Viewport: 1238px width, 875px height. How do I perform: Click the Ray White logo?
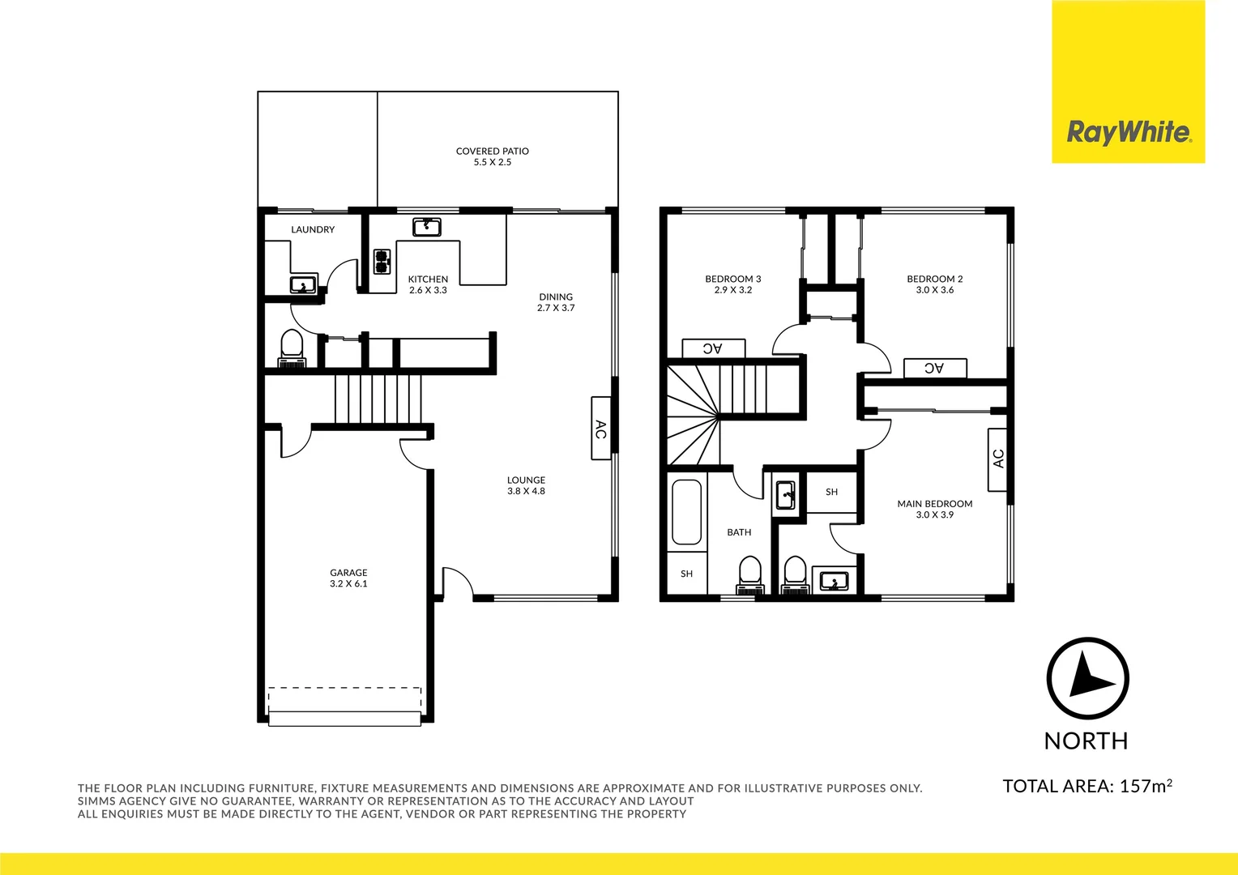[x=1128, y=132]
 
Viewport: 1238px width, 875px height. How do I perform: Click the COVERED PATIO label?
[x=492, y=152]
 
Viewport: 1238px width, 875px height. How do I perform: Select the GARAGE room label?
[x=348, y=573]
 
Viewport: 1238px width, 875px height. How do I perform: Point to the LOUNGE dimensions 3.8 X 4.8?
[x=526, y=491]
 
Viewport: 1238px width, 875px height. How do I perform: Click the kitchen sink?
[x=426, y=226]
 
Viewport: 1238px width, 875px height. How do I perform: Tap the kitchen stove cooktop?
[x=382, y=262]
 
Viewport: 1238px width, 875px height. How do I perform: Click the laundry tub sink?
[x=303, y=284]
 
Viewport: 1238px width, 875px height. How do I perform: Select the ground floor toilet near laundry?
[x=291, y=348]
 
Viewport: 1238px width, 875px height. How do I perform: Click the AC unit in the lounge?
[x=600, y=428]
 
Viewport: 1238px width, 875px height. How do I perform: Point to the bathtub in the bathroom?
[x=686, y=512]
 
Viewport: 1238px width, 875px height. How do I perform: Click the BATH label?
[x=739, y=532]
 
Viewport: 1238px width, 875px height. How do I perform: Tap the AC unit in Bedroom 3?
[x=713, y=348]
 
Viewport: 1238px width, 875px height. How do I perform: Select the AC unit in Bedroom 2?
[x=935, y=368]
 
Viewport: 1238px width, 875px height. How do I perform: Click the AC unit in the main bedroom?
[x=997, y=459]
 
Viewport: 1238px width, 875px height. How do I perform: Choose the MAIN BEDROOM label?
[x=934, y=504]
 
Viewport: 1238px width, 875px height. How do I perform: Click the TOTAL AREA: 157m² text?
[x=1087, y=786]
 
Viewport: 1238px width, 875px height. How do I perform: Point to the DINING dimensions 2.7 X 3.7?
[x=556, y=308]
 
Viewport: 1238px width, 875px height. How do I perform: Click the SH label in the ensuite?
[x=831, y=492]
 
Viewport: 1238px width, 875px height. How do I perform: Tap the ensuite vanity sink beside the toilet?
[x=834, y=580]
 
